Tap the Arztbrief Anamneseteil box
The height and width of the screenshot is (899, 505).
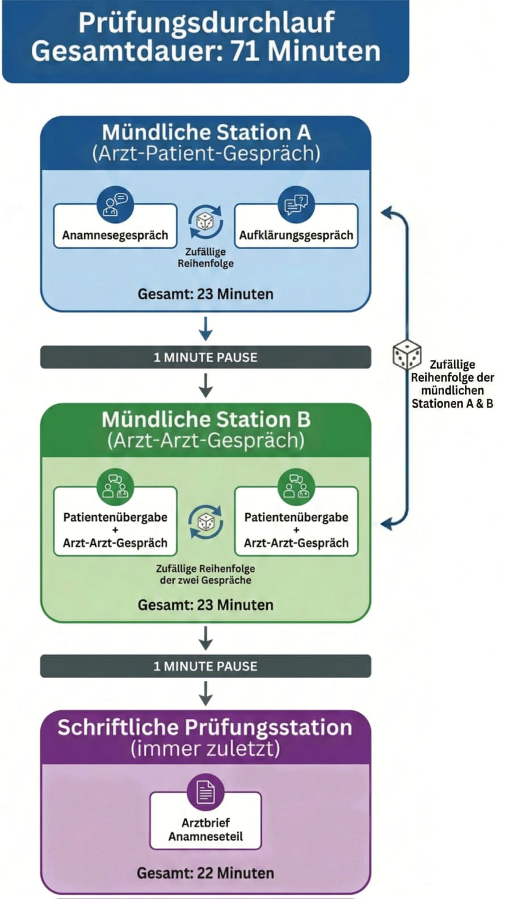pos(205,829)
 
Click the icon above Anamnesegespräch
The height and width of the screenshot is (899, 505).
pos(115,204)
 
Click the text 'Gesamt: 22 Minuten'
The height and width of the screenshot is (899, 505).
pos(205,873)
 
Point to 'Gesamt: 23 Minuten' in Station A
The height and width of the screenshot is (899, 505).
pos(205,294)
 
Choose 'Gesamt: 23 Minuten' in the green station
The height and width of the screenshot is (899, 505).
pos(205,605)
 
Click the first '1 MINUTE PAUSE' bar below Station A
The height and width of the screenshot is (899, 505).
pos(205,358)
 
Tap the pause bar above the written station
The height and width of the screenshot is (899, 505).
pos(205,666)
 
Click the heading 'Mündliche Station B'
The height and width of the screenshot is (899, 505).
pos(205,419)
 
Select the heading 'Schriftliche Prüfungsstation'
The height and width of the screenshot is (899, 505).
pos(205,728)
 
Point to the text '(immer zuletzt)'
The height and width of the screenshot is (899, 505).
pos(205,749)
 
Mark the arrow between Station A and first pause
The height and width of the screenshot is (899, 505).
pos(205,328)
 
